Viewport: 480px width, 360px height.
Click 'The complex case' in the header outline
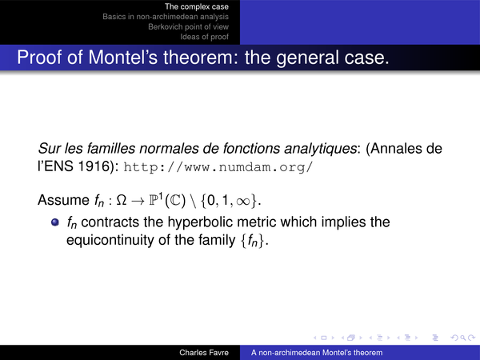pos(197,6)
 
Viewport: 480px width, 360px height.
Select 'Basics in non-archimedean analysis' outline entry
pos(166,17)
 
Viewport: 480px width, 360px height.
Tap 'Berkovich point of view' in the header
pos(188,26)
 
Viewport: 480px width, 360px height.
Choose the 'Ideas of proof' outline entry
pos(204,37)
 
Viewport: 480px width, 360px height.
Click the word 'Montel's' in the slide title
pos(123,58)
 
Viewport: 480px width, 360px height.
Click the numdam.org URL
pos(218,167)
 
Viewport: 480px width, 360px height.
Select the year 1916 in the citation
pos(94,166)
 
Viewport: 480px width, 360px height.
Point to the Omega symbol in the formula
pos(122,200)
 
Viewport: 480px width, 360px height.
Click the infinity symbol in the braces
pos(243,201)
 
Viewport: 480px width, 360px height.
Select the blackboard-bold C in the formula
pos(175,200)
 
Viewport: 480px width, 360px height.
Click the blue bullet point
pos(55,222)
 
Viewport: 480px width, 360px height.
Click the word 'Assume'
pos(64,200)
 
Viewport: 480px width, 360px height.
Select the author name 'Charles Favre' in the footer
pos(204,353)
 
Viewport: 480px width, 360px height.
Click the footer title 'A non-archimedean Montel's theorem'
pos(317,353)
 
